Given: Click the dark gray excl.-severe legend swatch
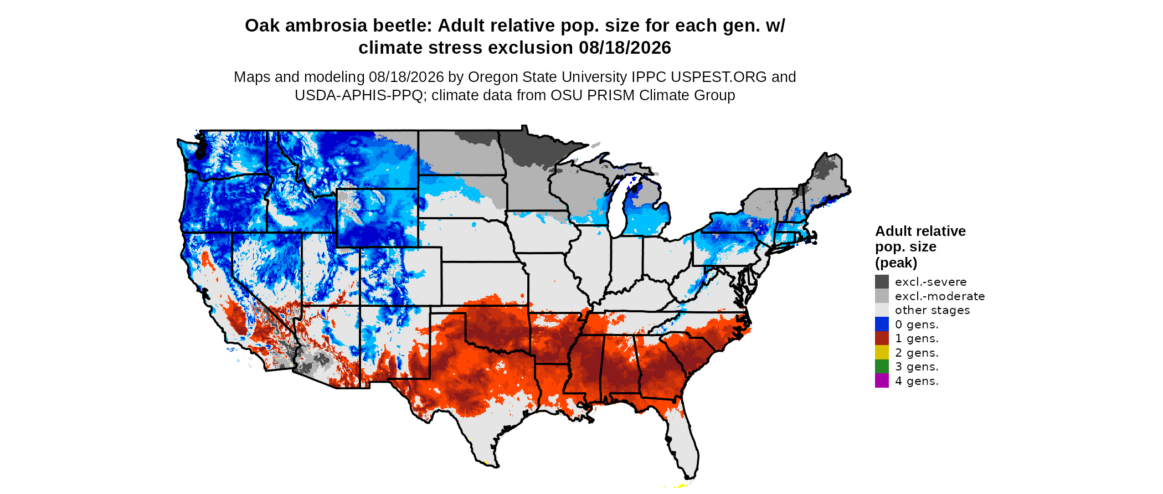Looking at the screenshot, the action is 882,282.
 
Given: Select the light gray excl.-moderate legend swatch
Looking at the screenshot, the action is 882,296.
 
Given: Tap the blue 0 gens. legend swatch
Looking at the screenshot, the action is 882,324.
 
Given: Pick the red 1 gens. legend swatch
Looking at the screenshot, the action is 882,338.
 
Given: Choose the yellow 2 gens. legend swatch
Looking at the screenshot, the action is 882,352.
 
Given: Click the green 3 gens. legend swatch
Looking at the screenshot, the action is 882,367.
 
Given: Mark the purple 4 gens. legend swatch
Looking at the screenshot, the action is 882,380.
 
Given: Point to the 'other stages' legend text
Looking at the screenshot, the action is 933,310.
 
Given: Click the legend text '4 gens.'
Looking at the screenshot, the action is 917,381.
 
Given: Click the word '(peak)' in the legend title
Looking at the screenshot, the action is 896,263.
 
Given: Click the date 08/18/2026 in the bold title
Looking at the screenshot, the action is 625,48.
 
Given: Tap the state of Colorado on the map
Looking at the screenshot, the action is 400,276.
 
